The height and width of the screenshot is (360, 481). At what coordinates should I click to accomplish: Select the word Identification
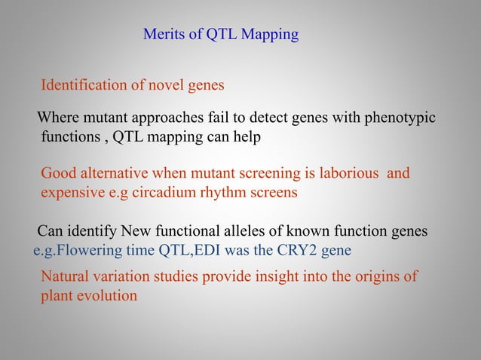pyautogui.click(x=84, y=85)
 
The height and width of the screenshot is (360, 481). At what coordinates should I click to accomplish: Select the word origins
pyautogui.click(x=375, y=276)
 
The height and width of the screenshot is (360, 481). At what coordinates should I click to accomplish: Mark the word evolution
pyautogui.click(x=106, y=295)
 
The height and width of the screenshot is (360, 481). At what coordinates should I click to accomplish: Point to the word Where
pyautogui.click(x=57, y=120)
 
